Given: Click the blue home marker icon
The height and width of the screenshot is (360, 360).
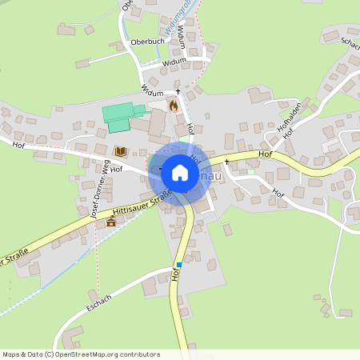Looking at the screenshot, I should pyautogui.click(x=180, y=171).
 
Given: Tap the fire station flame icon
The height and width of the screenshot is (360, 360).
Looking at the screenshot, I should pyautogui.click(x=173, y=105).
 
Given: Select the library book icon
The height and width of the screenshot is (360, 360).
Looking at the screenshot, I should pyautogui.click(x=120, y=150).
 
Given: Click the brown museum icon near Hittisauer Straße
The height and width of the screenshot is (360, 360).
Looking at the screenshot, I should pyautogui.click(x=110, y=222).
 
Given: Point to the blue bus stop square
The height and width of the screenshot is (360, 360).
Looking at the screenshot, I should pyautogui.click(x=179, y=265).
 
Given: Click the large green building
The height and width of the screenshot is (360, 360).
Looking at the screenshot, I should pyautogui.click(x=122, y=116).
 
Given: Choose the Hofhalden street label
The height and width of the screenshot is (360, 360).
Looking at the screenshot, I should pyautogui.click(x=290, y=118).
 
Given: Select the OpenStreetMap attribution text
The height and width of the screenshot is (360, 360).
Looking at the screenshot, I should pyautogui.click(x=81, y=354).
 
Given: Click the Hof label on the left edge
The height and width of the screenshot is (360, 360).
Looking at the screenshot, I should pyautogui.click(x=20, y=144).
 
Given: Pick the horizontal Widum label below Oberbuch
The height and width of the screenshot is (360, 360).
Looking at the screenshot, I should pyautogui.click(x=174, y=61).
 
